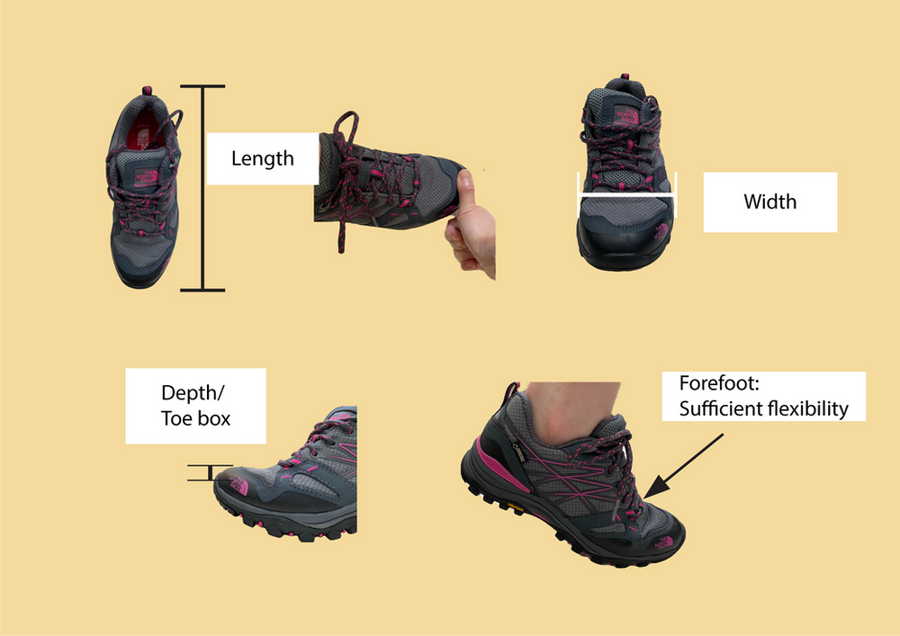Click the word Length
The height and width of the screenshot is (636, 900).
[262, 159]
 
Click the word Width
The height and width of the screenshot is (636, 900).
[769, 202]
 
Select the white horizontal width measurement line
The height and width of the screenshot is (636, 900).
[627, 193]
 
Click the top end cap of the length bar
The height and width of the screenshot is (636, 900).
[202, 86]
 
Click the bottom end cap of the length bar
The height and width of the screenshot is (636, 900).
[202, 290]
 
